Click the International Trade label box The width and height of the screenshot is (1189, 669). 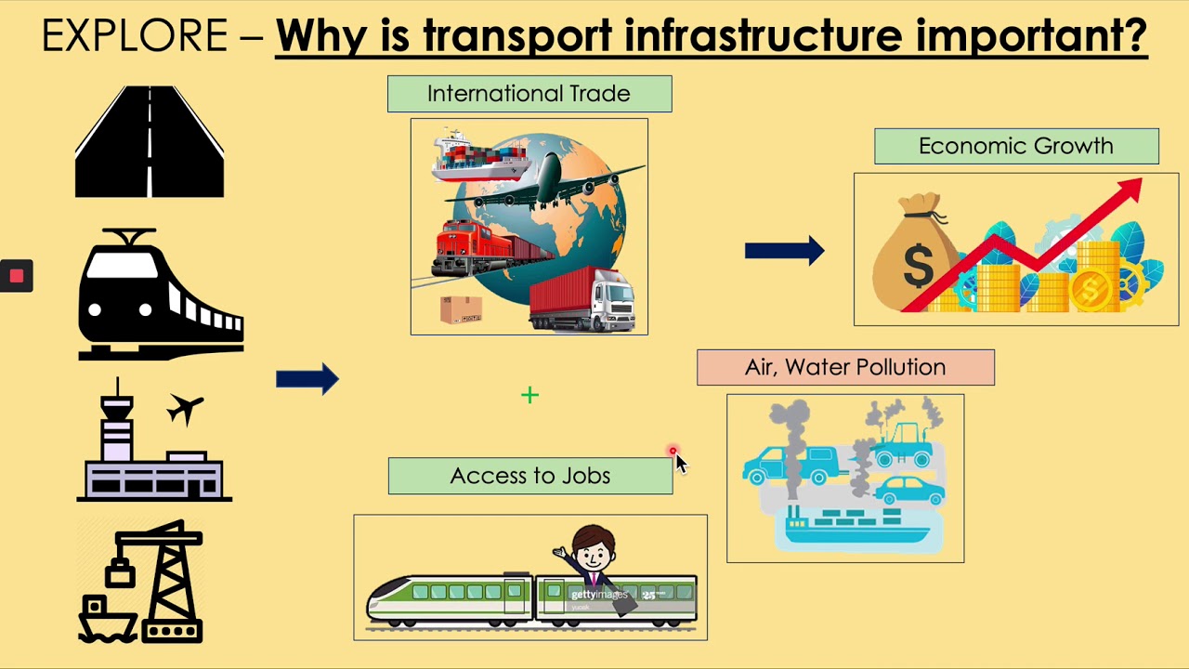point(529,94)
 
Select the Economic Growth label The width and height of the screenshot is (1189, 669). point(1015,147)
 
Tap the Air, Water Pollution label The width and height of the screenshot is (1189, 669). point(845,367)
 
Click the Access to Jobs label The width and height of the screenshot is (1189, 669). point(529,476)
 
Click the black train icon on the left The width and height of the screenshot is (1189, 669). point(161,295)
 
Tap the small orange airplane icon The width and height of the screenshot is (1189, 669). point(186,408)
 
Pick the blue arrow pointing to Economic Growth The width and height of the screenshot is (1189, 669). point(784,251)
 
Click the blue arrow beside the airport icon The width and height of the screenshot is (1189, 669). point(307,379)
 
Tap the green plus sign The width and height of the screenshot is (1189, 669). point(529,396)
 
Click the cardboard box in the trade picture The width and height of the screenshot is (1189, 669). point(461,309)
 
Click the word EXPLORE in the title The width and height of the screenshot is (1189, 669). point(135,37)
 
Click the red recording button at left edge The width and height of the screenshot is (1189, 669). point(16,276)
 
